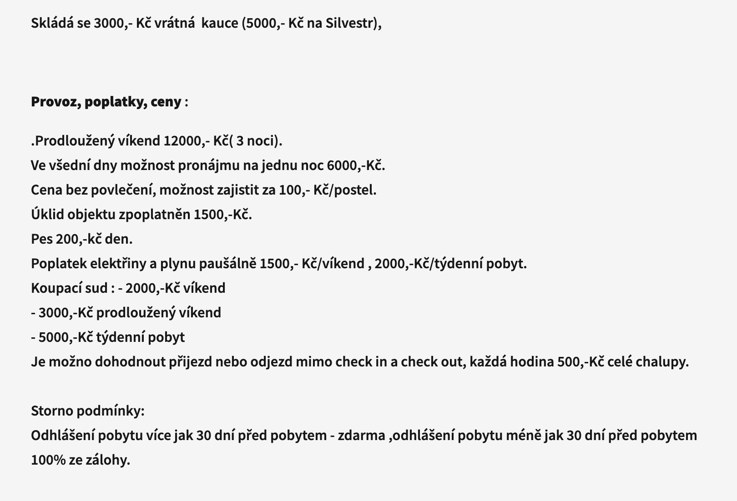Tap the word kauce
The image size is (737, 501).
click(x=219, y=23)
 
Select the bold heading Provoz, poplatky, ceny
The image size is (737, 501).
click(x=106, y=102)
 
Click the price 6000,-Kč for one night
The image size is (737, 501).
click(x=356, y=165)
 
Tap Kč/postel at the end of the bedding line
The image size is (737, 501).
click(x=345, y=190)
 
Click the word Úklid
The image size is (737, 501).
click(x=47, y=215)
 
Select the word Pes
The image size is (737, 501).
click(x=42, y=239)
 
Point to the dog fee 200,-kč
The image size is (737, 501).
click(x=79, y=239)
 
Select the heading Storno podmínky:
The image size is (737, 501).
click(x=87, y=411)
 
